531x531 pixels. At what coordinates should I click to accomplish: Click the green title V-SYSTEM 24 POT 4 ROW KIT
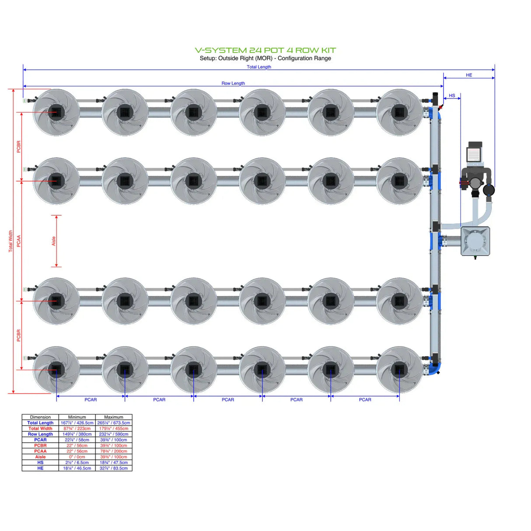[265, 50]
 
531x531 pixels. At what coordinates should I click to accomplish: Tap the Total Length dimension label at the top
[259, 67]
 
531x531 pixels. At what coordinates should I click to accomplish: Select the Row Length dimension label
[233, 83]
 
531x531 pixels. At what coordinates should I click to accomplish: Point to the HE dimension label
[469, 75]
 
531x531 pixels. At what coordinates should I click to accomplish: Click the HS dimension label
[452, 95]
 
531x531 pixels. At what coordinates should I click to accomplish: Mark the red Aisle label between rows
[54, 241]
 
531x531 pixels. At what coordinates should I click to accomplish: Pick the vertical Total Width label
[10, 241]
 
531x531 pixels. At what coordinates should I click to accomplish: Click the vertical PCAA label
[19, 241]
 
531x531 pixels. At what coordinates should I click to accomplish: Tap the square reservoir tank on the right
[475, 241]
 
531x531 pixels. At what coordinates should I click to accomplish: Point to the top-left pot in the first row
[56, 112]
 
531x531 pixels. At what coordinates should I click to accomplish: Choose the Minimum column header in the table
[77, 417]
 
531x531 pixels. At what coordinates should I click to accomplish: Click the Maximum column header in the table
[114, 417]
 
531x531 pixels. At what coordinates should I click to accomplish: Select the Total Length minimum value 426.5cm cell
[77, 423]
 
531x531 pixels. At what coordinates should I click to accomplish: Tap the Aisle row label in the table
[40, 457]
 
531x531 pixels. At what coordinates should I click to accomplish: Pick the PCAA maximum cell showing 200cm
[114, 451]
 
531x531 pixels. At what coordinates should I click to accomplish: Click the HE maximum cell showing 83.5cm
[114, 468]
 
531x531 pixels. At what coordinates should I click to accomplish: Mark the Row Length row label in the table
[40, 434]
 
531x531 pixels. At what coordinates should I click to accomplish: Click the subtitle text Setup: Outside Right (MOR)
[236, 58]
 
